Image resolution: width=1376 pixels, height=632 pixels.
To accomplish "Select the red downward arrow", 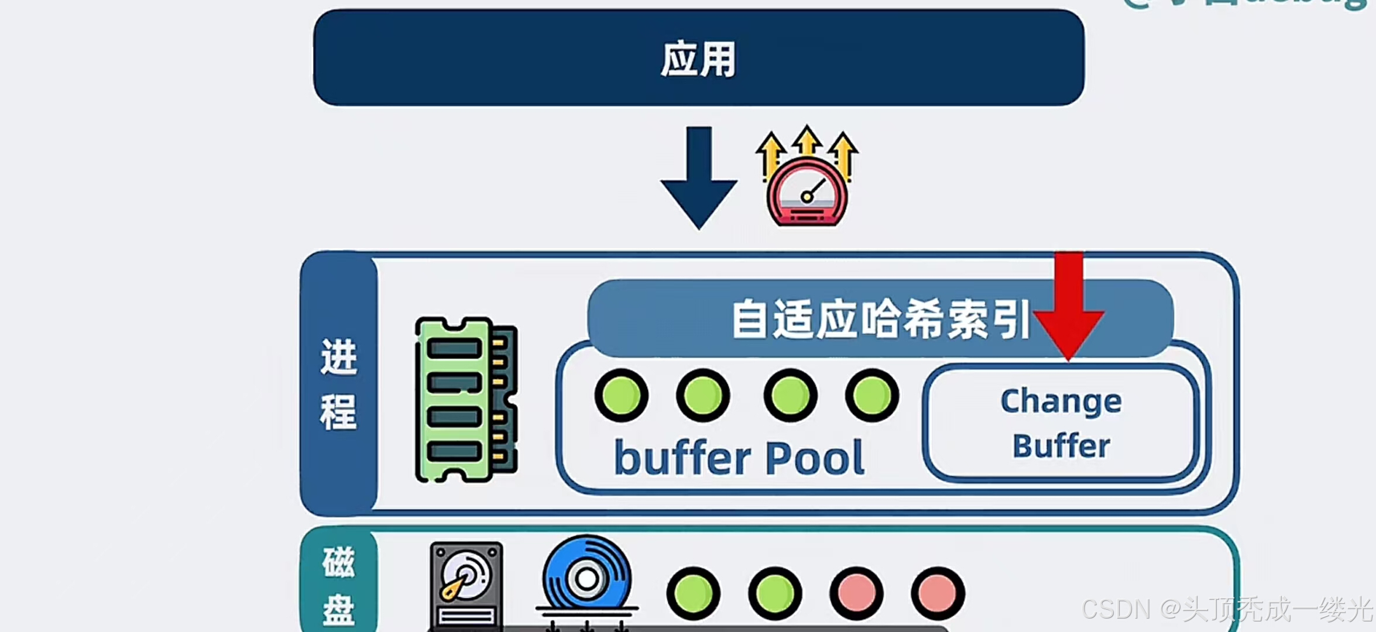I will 1069,304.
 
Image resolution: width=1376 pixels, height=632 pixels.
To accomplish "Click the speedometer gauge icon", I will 807,193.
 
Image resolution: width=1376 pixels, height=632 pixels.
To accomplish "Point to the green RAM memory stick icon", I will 465,400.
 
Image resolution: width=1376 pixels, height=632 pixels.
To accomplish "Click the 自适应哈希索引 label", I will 880,319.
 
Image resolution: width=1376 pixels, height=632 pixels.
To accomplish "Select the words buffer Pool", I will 739,458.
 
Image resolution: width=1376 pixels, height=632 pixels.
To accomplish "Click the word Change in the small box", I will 1061,401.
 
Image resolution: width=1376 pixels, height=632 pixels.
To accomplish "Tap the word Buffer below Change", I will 1061,446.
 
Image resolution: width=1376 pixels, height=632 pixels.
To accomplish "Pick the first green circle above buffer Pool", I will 622,395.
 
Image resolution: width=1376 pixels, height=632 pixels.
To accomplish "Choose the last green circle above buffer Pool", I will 872,395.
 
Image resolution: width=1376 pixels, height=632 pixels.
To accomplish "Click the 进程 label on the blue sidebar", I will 338,383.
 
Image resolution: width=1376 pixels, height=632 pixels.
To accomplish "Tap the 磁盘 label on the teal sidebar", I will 338,585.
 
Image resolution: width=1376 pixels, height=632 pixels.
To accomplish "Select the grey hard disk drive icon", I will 466,585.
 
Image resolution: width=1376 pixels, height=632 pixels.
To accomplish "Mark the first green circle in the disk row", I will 694,593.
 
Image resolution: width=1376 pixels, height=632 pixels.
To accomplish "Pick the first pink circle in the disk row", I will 856,593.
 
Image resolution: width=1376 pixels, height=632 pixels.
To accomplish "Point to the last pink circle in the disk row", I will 938,593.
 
